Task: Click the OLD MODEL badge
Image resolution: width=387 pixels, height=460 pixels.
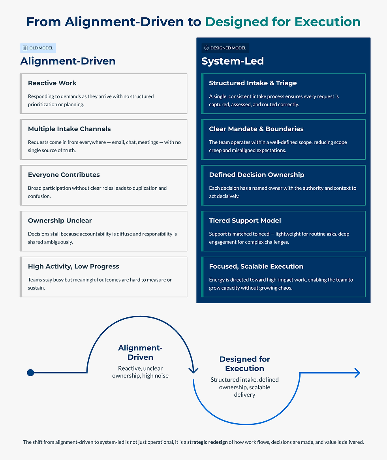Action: [x=38, y=48]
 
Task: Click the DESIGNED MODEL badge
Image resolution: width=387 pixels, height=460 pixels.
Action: [x=225, y=48]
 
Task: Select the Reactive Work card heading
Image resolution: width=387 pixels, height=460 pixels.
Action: [x=52, y=83]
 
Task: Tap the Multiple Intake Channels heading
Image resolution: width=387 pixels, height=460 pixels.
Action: [x=69, y=129]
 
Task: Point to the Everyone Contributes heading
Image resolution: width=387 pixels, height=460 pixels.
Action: [x=64, y=175]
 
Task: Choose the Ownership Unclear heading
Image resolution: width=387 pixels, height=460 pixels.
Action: [x=60, y=221]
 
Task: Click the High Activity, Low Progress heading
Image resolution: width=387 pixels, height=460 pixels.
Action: [x=73, y=266]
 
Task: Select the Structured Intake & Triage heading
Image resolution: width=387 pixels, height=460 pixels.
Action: [x=253, y=83]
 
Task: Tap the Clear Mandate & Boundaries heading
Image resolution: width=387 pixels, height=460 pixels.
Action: [x=256, y=129]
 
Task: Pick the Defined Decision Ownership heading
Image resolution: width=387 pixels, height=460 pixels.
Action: [x=256, y=175]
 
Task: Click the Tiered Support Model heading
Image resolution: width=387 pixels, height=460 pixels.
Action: [x=245, y=221]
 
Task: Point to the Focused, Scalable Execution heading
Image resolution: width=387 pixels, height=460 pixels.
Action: [x=256, y=266]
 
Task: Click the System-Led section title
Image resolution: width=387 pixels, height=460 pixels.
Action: [x=233, y=61]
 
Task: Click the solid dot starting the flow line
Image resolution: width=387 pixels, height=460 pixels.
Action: [x=30, y=373]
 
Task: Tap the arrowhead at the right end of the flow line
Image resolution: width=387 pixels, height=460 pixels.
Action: [x=357, y=373]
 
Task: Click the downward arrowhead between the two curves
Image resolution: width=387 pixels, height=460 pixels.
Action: [x=193, y=370]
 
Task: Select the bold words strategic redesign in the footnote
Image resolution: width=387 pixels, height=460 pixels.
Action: [x=207, y=442]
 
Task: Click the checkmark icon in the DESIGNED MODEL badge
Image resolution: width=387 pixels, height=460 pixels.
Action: [x=206, y=48]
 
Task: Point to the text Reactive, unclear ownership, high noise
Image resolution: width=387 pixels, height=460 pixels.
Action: [x=140, y=372]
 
